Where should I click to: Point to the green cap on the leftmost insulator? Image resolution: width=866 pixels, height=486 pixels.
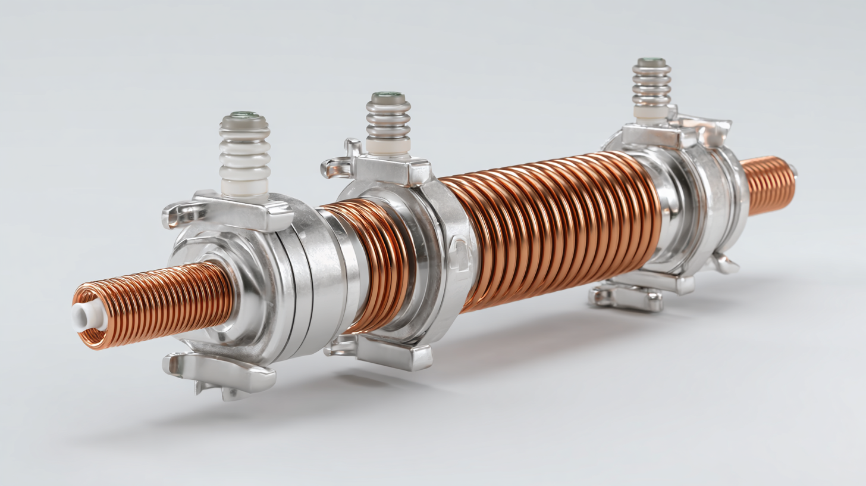pos(244,115)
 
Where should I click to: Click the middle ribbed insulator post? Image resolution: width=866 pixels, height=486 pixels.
pos(388,122)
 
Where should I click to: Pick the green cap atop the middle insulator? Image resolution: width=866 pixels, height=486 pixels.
pos(388,95)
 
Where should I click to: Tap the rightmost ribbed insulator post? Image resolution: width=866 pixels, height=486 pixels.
pos(651,86)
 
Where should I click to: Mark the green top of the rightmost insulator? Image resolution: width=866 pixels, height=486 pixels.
pos(651,61)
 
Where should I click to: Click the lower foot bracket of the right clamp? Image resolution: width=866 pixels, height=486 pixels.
pos(627,298)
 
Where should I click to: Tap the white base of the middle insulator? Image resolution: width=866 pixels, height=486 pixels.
pos(387,147)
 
